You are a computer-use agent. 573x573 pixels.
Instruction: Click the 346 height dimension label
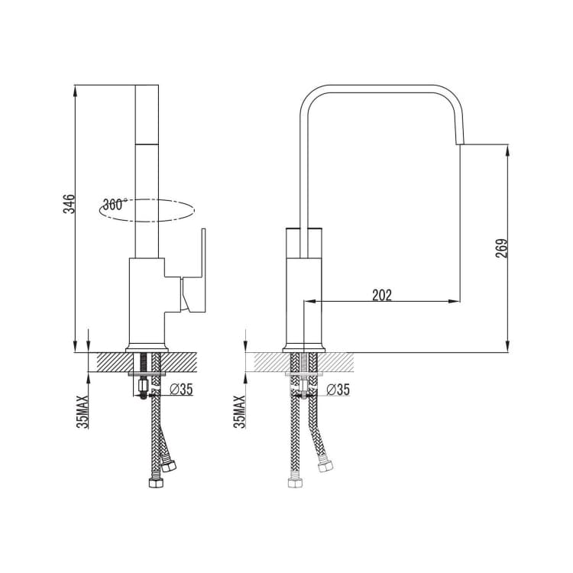point(69,204)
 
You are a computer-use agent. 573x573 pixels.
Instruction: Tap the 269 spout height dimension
point(501,248)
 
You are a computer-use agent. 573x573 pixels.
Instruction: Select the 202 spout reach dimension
point(382,295)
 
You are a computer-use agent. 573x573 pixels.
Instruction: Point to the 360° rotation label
point(115,205)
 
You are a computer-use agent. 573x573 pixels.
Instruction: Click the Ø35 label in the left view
point(181,390)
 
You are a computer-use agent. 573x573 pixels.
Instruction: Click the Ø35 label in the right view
point(338,390)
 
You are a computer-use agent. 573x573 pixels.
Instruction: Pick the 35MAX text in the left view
point(83,412)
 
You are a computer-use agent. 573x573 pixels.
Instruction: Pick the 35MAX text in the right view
point(240,412)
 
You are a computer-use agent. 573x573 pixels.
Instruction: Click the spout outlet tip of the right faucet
point(460,144)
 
